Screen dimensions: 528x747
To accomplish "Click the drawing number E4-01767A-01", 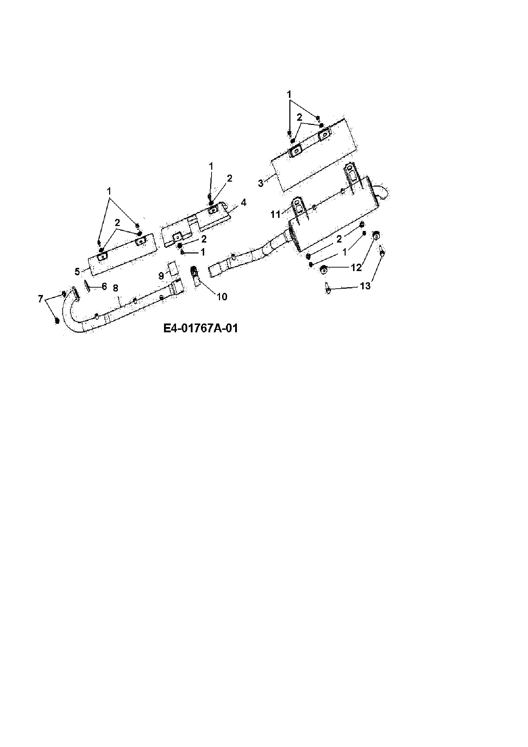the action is click(201, 328).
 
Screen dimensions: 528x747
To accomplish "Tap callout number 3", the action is click(261, 183).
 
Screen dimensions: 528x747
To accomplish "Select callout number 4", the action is click(243, 203).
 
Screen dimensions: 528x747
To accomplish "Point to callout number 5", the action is click(77, 272).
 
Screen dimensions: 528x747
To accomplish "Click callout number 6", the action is click(104, 286).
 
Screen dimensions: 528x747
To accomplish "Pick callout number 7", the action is click(40, 299).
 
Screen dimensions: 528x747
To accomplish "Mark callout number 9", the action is click(161, 276).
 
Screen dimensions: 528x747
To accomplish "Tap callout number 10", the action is click(222, 297).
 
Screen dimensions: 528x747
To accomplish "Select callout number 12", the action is click(356, 268).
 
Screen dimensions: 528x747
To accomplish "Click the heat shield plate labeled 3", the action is click(313, 155).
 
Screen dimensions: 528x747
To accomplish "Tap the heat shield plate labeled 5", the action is click(121, 254).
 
